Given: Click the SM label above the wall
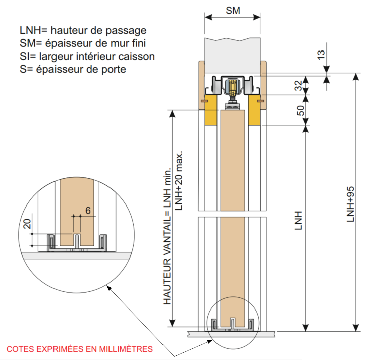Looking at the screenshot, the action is (x=233, y=11).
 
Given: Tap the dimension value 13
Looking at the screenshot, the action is (x=321, y=55).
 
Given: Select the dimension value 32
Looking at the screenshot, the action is (x=298, y=85).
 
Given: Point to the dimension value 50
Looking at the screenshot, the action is (x=300, y=110).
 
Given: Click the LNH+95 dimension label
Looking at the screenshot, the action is (x=350, y=204).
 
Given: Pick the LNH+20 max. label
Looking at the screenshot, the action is (x=179, y=181).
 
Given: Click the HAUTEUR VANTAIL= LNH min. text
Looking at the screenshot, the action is (x=167, y=236).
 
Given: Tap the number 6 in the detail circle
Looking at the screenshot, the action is (x=88, y=211).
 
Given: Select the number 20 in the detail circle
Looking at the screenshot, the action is (x=27, y=224).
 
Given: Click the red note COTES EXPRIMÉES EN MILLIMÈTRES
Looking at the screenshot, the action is (x=80, y=349).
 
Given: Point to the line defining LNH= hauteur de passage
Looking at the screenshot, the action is (x=83, y=30).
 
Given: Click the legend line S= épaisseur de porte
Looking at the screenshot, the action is (x=73, y=69).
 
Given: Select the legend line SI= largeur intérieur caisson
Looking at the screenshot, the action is (x=87, y=56).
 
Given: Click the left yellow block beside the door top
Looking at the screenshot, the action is (x=211, y=110).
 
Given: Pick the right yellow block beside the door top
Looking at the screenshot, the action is (x=254, y=110).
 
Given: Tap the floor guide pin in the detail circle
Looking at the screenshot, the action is (x=77, y=241).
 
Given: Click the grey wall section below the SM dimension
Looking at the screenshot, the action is (x=233, y=55).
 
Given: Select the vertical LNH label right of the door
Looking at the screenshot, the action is (x=298, y=220).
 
